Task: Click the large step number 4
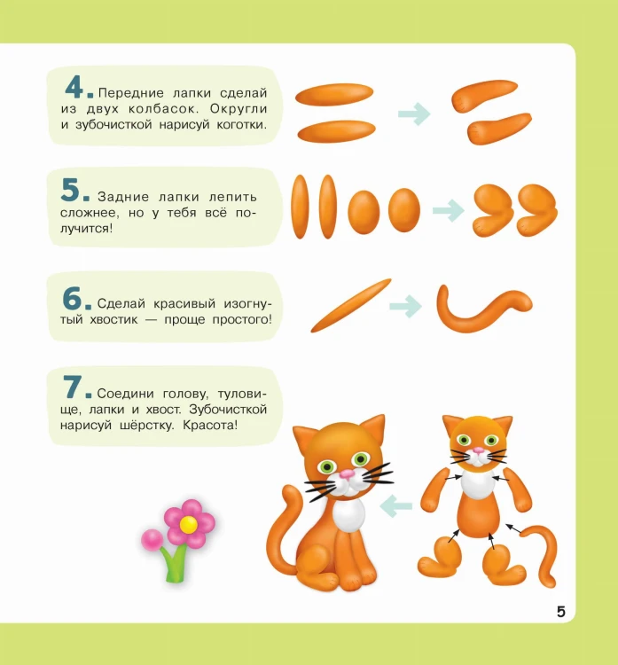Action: pos(74,88)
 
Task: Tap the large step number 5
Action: pos(70,189)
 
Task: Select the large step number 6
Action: pos(72,298)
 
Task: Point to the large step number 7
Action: pos(72,387)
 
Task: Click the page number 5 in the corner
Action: pos(560,612)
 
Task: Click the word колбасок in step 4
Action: pos(163,108)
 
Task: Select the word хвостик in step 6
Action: pos(113,319)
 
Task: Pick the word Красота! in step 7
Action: pos(210,425)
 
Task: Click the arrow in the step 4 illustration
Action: pos(414,113)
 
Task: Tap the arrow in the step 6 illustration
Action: pos(405,306)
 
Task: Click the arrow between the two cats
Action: pos(395,506)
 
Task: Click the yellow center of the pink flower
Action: pos(188,525)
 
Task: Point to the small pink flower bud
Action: pos(152,540)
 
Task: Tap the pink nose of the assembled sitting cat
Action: pos(347,473)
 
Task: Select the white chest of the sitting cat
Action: pos(348,515)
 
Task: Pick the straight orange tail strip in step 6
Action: pos(351,305)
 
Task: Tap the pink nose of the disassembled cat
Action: pos(479,450)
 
